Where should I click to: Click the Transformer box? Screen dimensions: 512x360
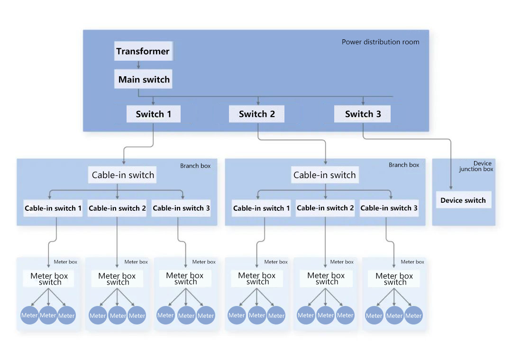(143, 51)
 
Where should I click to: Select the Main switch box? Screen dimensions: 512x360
(143, 79)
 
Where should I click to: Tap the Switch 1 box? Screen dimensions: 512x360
(154, 114)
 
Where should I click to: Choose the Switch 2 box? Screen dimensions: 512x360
(256, 114)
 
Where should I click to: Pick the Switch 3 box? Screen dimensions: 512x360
(363, 114)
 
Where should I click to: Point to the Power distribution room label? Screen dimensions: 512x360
(380, 42)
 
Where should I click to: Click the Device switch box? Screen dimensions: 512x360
(463, 200)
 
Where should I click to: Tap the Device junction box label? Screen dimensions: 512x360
(476, 166)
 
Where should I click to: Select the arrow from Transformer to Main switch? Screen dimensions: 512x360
(138, 65)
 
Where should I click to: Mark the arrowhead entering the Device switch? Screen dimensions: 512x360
(451, 188)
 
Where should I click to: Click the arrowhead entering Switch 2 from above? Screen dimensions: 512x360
(258, 103)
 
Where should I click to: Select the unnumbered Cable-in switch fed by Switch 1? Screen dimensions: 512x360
(122, 175)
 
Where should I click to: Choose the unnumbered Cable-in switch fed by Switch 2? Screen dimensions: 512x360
(325, 175)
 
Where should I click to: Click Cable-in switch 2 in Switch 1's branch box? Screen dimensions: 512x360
(117, 208)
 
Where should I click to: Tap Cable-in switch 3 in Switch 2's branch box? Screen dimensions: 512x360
(389, 208)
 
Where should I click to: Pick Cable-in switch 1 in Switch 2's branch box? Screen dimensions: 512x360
(261, 208)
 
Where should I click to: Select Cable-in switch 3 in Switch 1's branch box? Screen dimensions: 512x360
(181, 208)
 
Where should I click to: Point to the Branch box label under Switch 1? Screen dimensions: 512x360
(195, 166)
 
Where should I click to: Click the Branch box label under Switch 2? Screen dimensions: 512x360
(404, 165)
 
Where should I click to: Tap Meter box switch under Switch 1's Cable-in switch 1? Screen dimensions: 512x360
(49, 279)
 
